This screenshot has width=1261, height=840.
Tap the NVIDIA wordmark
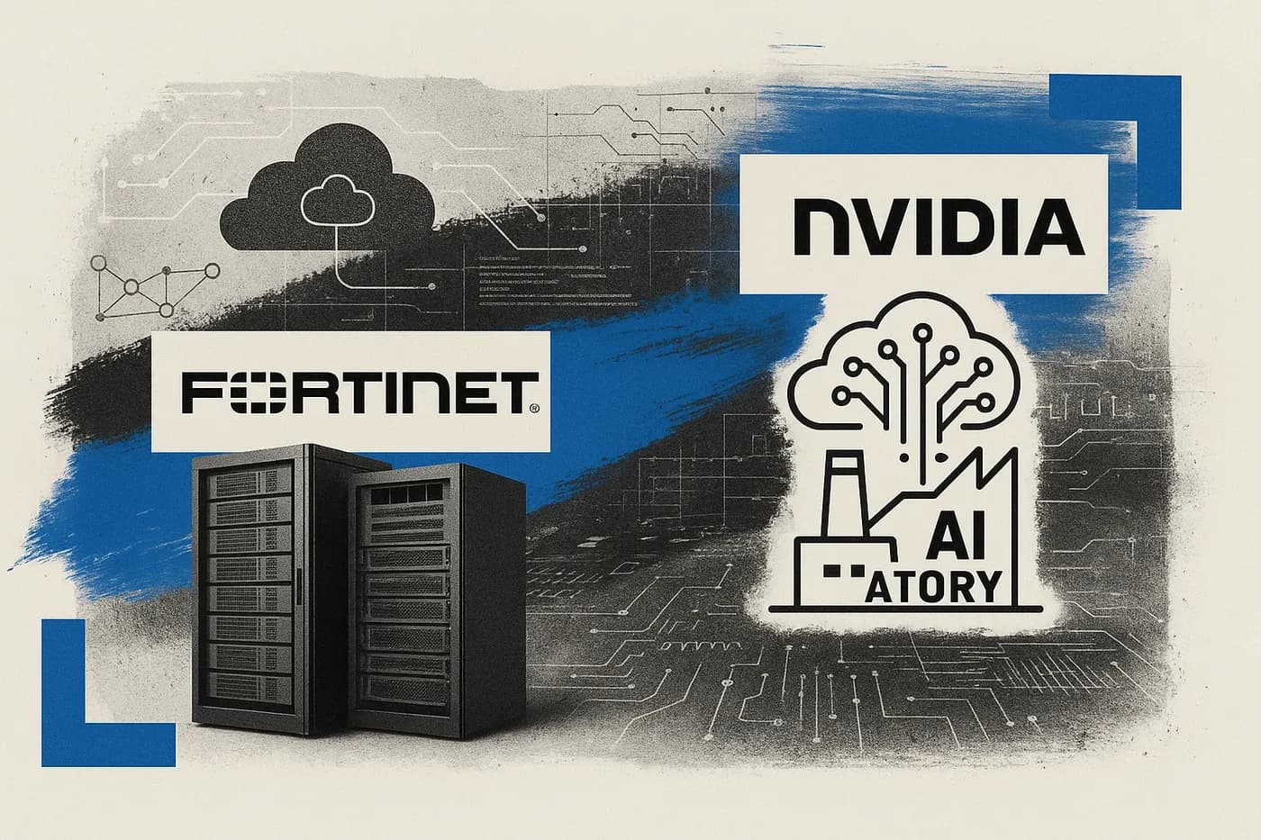pyautogui.click(x=928, y=224)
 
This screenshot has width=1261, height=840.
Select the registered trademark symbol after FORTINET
pyautogui.click(x=533, y=408)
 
